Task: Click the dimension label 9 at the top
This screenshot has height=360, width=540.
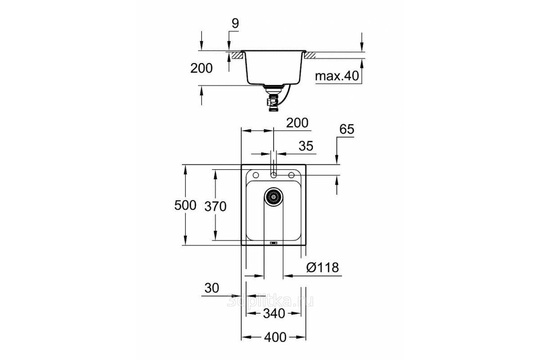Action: pos(235,23)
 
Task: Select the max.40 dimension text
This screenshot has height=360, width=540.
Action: pos(337,76)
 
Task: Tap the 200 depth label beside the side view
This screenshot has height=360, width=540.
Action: pos(202,68)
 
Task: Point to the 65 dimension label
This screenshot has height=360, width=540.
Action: pos(346,129)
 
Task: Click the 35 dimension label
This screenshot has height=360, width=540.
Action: pos(306,146)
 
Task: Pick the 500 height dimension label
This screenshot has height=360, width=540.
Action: pos(185,206)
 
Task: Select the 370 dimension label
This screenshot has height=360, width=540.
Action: pos(216,207)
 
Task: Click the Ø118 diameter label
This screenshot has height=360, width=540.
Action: pos(323,267)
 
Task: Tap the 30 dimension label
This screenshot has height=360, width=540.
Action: pos(211,288)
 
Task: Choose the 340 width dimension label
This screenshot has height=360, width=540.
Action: pos(274,314)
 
